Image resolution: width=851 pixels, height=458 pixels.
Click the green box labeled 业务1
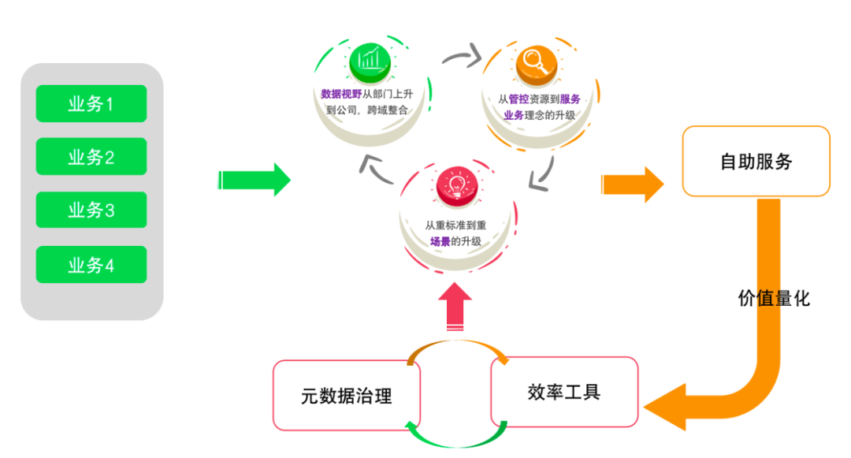[91, 103]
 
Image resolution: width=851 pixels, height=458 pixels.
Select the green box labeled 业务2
[91, 157]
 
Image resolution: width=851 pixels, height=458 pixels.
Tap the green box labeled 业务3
[91, 210]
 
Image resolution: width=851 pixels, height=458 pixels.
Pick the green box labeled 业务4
[91, 265]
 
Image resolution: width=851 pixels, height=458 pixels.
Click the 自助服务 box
[756, 162]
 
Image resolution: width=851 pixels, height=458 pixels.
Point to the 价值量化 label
[773, 298]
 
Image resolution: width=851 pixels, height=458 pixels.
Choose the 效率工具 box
[564, 392]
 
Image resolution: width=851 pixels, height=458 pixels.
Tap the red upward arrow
[455, 307]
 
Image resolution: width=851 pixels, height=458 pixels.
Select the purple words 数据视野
[341, 95]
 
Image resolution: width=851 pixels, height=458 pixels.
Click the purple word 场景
[440, 241]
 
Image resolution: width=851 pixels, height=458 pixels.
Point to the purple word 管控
[518, 100]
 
